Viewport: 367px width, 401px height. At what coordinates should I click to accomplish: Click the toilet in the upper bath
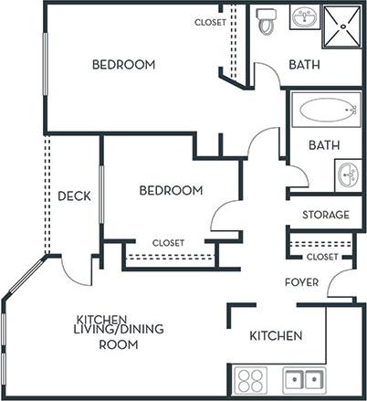267,22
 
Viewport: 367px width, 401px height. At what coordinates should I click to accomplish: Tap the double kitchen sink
302,379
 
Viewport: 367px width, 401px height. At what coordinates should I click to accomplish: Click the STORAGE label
325,215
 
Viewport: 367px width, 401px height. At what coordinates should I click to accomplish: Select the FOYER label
301,282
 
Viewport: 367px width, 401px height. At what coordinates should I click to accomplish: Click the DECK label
73,195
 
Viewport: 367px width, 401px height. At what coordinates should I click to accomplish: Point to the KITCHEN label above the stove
276,336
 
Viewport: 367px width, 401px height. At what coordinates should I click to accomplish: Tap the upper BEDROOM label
123,65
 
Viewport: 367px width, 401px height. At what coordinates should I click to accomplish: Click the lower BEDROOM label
171,190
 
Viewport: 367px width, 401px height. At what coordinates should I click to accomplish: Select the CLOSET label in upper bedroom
211,22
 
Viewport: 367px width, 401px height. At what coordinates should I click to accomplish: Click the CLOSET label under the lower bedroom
168,243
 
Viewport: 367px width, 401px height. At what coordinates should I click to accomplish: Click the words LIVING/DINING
107,332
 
